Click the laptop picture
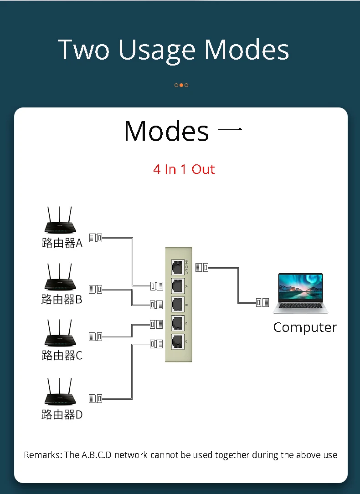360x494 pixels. tap(301, 293)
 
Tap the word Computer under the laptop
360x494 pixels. tap(305, 327)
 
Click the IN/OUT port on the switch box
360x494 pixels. tap(177, 267)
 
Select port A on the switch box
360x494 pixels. tap(177, 285)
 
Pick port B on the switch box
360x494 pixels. tap(177, 304)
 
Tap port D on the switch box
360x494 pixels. tap(177, 341)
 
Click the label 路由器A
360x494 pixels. tap(62, 243)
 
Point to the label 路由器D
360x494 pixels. tap(62, 415)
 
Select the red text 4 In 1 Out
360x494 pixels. tap(184, 169)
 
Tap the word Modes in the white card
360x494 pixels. tap(166, 131)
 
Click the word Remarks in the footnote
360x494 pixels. tap(41, 455)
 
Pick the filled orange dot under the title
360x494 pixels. tap(181, 85)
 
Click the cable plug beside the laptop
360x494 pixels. tap(262, 302)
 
